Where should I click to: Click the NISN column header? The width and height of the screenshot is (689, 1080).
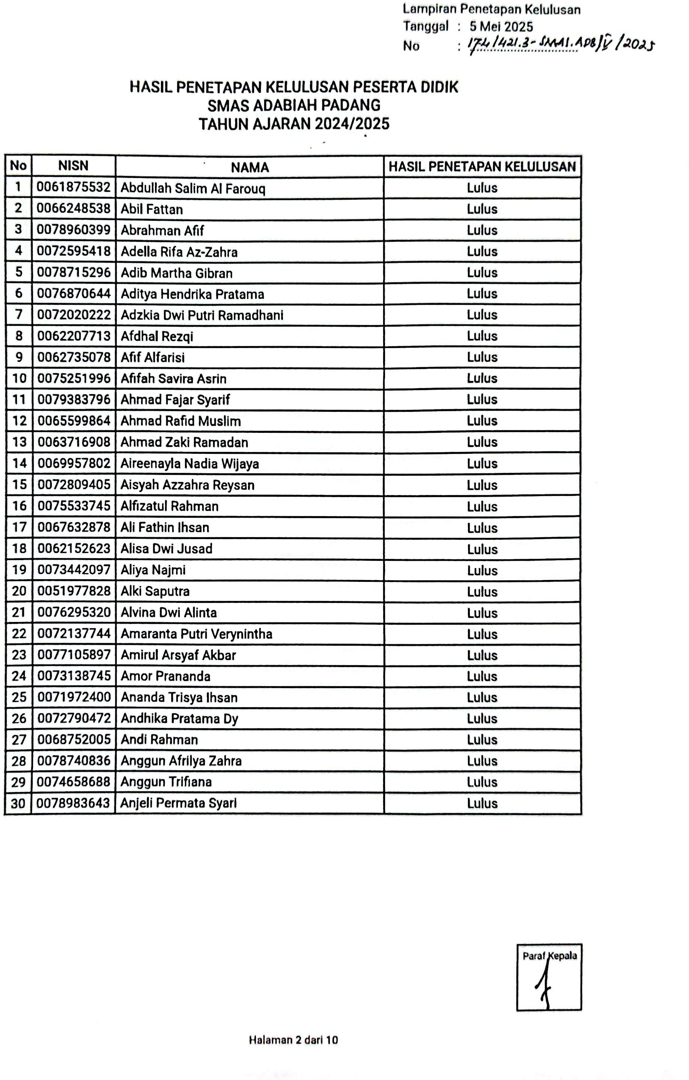(73, 166)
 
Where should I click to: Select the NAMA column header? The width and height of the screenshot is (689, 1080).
(250, 167)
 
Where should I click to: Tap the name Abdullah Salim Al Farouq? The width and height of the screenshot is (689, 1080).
(193, 188)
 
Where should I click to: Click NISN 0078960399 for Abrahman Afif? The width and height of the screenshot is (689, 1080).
(74, 230)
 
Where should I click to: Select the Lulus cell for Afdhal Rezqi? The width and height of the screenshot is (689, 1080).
(482, 336)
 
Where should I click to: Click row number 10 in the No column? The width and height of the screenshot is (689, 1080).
(19, 378)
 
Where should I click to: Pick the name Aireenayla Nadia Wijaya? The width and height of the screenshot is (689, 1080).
(190, 464)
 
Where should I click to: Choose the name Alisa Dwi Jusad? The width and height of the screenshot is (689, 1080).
(166, 548)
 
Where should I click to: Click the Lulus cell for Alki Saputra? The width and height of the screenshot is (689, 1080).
(482, 592)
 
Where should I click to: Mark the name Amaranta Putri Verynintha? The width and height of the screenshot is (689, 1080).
(196, 634)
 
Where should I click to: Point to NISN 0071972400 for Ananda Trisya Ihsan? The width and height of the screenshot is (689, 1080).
(74, 697)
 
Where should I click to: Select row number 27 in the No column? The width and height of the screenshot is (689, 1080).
(19, 740)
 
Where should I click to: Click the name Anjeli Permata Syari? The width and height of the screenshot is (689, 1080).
(178, 803)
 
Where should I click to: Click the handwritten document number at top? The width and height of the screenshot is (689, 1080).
(560, 45)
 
